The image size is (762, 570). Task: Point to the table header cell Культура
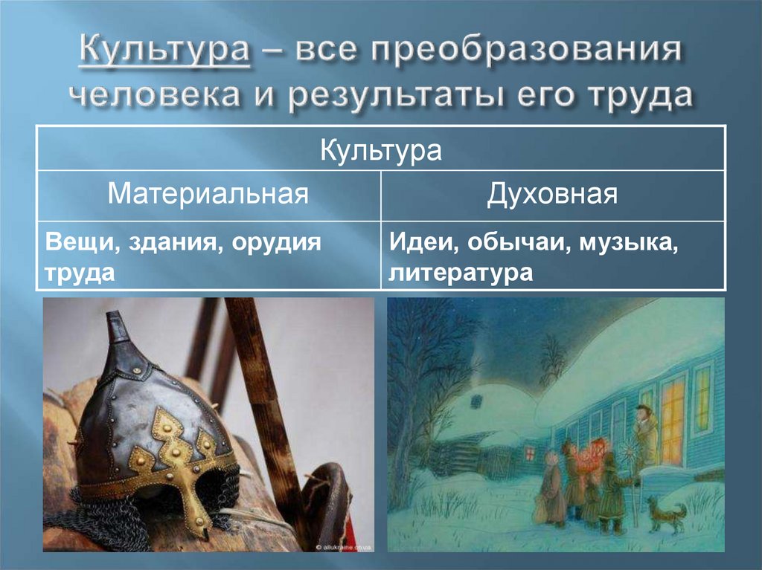point(381,149)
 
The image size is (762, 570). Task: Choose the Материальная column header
point(208,195)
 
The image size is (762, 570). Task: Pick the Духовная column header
point(552,195)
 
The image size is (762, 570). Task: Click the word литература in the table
point(460,273)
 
